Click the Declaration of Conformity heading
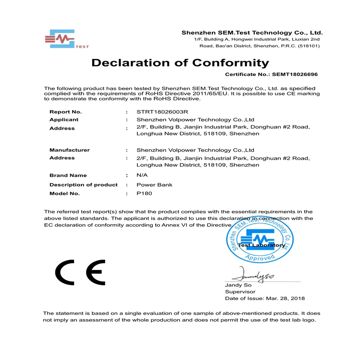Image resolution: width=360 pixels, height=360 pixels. point(180,63)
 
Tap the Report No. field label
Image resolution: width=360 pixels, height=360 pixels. point(66,112)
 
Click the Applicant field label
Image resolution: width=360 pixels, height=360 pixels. point(64,120)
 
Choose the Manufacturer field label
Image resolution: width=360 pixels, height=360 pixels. point(70,150)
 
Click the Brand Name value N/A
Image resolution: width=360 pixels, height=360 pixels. point(142,175)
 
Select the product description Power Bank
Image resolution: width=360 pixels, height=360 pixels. point(154,185)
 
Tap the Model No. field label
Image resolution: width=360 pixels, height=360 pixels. point(64,193)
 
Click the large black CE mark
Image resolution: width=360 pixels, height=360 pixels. point(80,272)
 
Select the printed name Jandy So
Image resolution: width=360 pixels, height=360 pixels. point(238,285)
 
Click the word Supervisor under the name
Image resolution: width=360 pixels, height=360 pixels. point(240,292)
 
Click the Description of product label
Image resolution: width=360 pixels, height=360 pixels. point(83,185)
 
